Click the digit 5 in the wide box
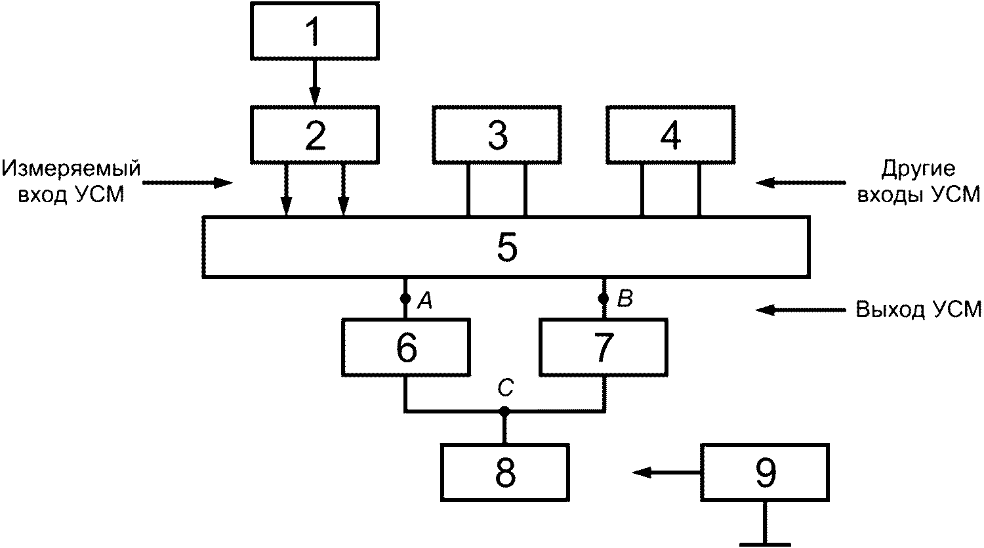tap(507, 247)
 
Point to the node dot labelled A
tap(405, 299)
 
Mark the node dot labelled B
tap(604, 299)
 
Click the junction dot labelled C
tap(504, 411)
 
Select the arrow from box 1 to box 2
tap(314, 83)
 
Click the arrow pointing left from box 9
tap(666, 473)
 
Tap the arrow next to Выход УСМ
tap(800, 310)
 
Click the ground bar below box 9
tap(765, 545)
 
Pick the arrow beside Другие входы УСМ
tap(800, 182)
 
